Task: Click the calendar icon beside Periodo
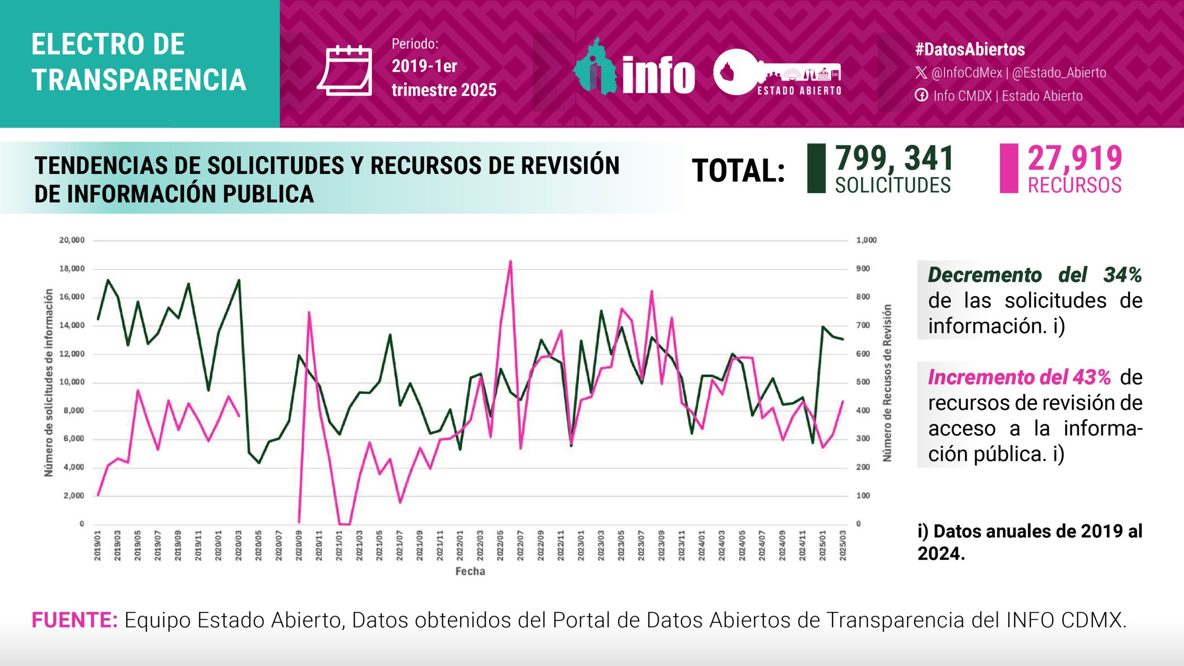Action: pyautogui.click(x=345, y=71)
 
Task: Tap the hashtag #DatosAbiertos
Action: pyautogui.click(x=970, y=50)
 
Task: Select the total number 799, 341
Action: pyautogui.click(x=894, y=158)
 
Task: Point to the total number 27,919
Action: pyautogui.click(x=1075, y=158)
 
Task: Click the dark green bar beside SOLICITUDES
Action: pyautogui.click(x=816, y=168)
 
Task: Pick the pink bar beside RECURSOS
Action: pyautogui.click(x=1009, y=168)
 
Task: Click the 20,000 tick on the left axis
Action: pyautogui.click(x=72, y=240)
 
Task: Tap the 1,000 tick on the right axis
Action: pyautogui.click(x=866, y=240)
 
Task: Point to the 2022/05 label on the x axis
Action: pyautogui.click(x=500, y=546)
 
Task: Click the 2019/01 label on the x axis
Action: pyautogui.click(x=98, y=546)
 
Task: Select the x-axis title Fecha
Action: pyautogui.click(x=470, y=572)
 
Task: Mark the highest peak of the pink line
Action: pyautogui.click(x=511, y=261)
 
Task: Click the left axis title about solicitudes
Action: pyautogui.click(x=49, y=382)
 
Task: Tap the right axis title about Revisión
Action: pyautogui.click(x=887, y=382)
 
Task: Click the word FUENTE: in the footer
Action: pyautogui.click(x=74, y=620)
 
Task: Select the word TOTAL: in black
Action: pyautogui.click(x=738, y=171)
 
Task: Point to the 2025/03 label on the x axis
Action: pyautogui.click(x=843, y=546)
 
